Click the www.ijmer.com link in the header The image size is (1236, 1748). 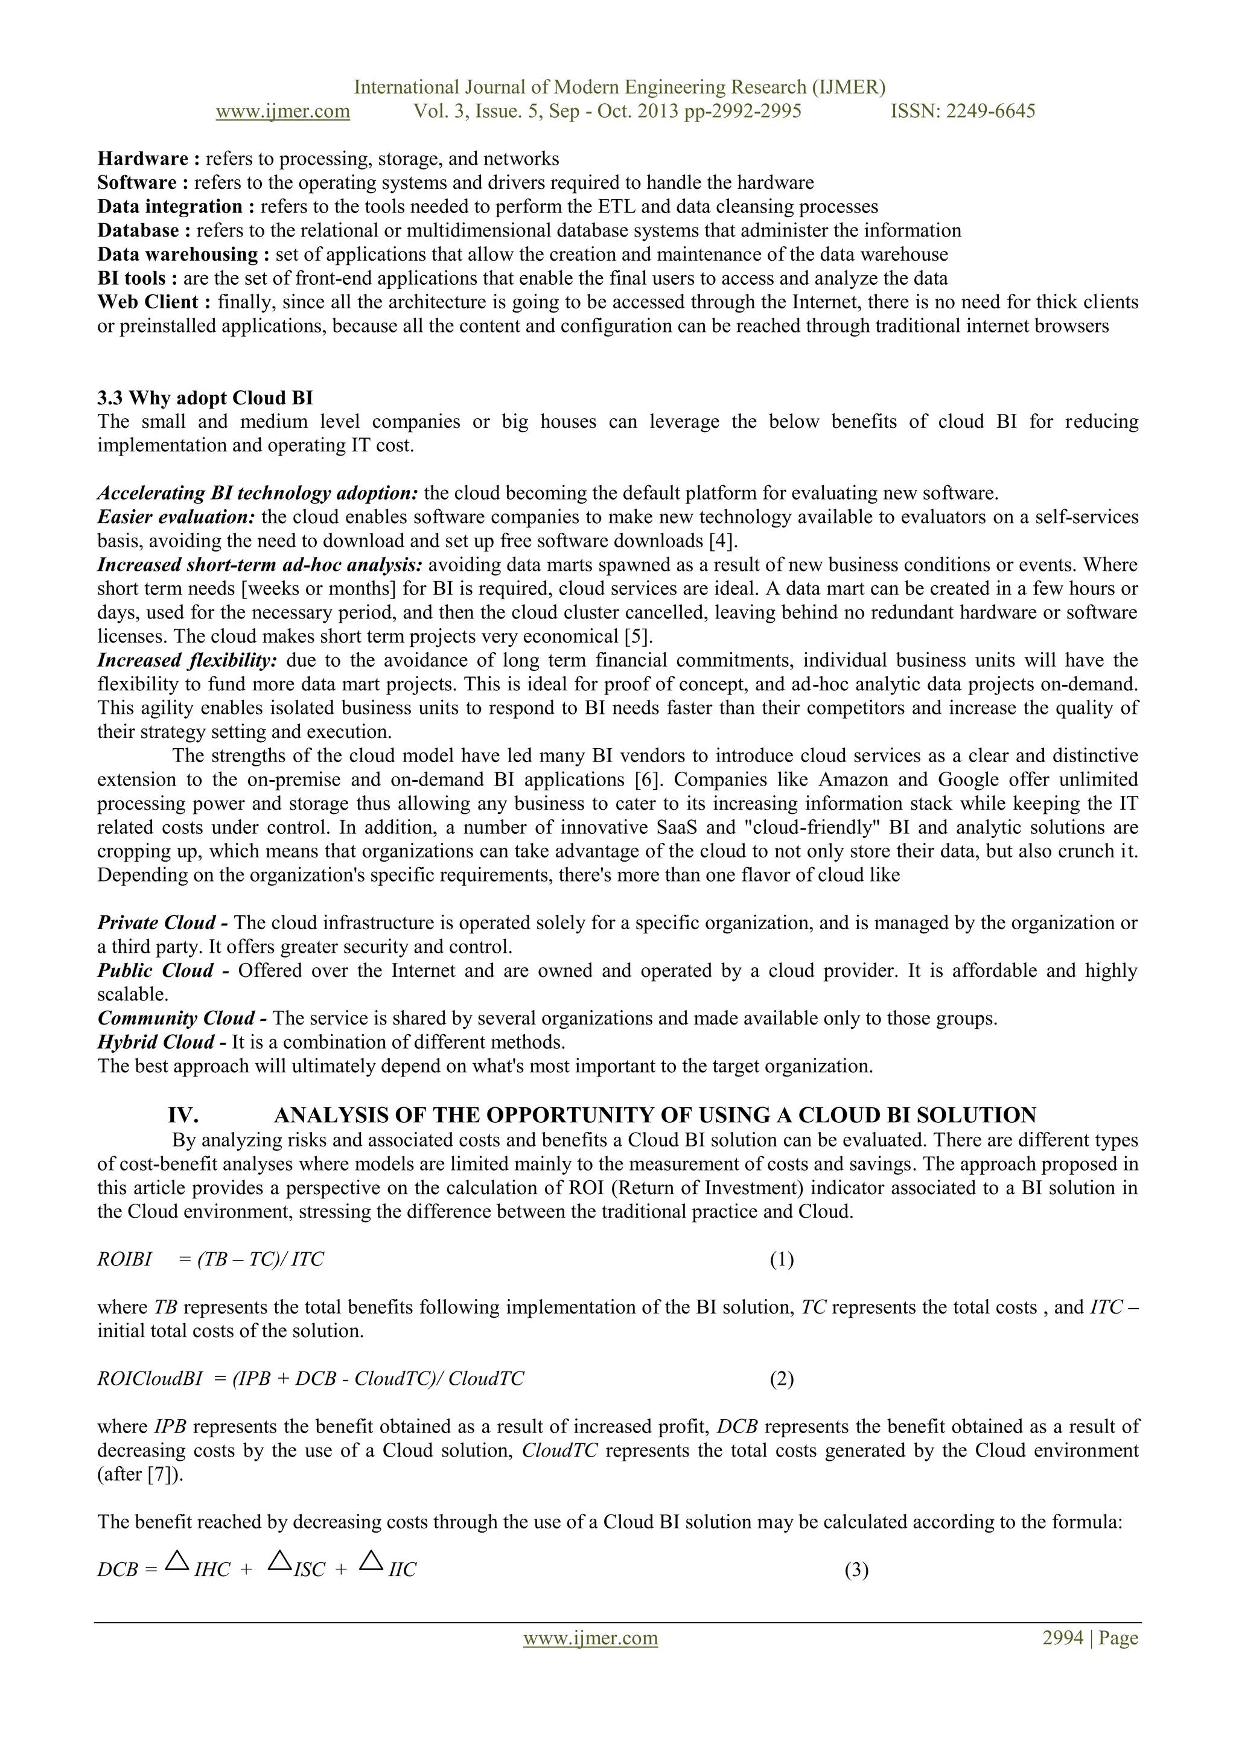(282, 111)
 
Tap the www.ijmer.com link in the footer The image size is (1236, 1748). (590, 1638)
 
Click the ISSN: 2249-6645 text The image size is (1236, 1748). (963, 111)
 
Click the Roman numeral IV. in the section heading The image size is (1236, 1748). (183, 1115)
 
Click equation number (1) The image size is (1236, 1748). (782, 1259)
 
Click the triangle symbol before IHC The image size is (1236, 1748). (177, 1562)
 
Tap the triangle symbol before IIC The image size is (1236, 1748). (371, 1562)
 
